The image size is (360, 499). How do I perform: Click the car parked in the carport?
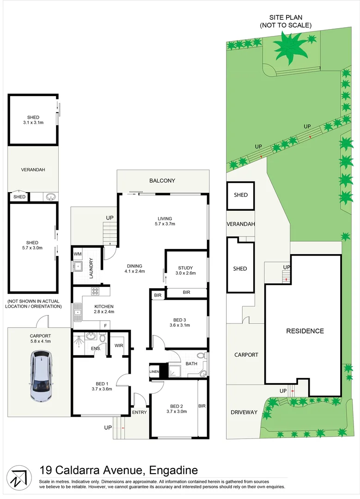tap(41, 375)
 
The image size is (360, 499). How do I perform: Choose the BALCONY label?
tap(162, 181)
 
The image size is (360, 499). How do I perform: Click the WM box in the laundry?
tap(77, 254)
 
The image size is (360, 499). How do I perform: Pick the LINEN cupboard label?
tap(154, 371)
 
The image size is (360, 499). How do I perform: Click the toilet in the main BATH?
tap(201, 356)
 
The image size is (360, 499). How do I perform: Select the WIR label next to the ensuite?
tap(118, 345)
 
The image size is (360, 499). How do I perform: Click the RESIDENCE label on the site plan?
tap(305, 331)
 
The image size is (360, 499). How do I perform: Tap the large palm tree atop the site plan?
tap(290, 47)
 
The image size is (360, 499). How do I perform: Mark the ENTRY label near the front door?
tap(139, 412)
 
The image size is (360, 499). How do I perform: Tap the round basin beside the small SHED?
tap(50, 197)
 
